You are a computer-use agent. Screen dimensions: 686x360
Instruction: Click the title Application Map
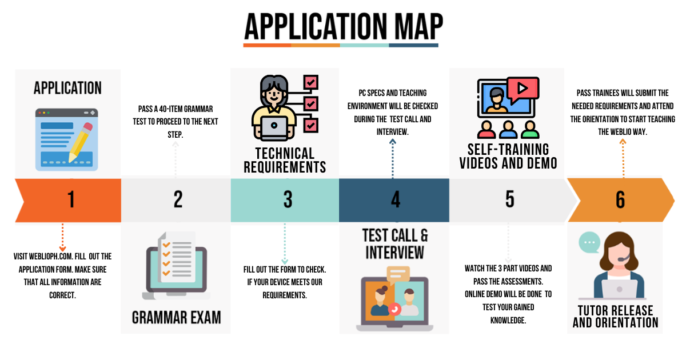click(344, 27)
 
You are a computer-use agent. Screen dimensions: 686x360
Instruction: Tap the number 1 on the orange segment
click(71, 199)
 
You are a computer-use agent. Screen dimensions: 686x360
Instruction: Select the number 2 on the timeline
click(178, 199)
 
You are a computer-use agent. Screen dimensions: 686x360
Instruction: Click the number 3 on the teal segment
click(288, 199)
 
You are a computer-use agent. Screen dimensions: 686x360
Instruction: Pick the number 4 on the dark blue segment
click(396, 199)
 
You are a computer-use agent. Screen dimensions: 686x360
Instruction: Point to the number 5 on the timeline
click(509, 199)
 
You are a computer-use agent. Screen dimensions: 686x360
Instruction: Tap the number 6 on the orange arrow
click(620, 199)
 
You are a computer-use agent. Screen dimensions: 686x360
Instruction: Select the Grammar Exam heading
click(177, 318)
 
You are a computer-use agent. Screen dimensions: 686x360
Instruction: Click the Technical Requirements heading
click(285, 160)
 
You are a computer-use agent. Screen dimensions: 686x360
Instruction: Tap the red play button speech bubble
click(523, 89)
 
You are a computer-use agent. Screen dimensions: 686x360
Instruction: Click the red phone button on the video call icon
click(394, 309)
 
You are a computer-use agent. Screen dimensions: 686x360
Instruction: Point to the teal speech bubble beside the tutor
click(589, 242)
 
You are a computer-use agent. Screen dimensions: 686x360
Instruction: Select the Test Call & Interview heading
click(395, 244)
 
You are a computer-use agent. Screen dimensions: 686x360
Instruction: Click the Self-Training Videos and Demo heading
click(508, 157)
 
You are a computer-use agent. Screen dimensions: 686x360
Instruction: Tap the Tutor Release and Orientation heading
click(616, 317)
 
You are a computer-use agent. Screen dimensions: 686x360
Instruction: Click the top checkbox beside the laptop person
click(311, 82)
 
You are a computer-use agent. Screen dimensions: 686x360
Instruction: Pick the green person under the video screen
click(530, 130)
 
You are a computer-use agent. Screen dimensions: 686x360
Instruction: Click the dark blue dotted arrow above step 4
click(393, 159)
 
